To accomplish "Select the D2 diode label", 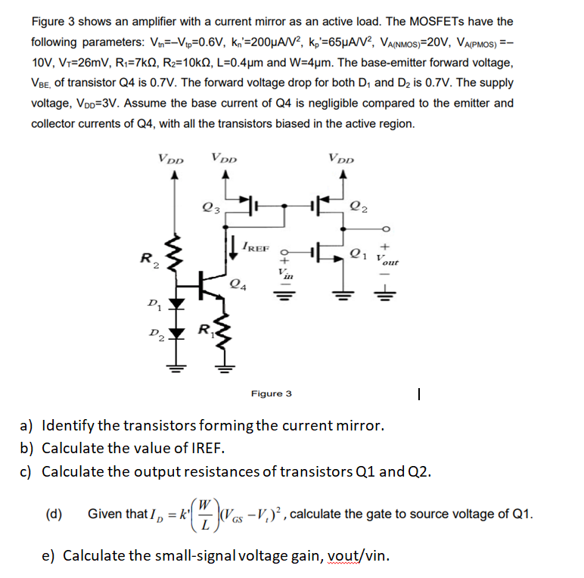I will (154, 334).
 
